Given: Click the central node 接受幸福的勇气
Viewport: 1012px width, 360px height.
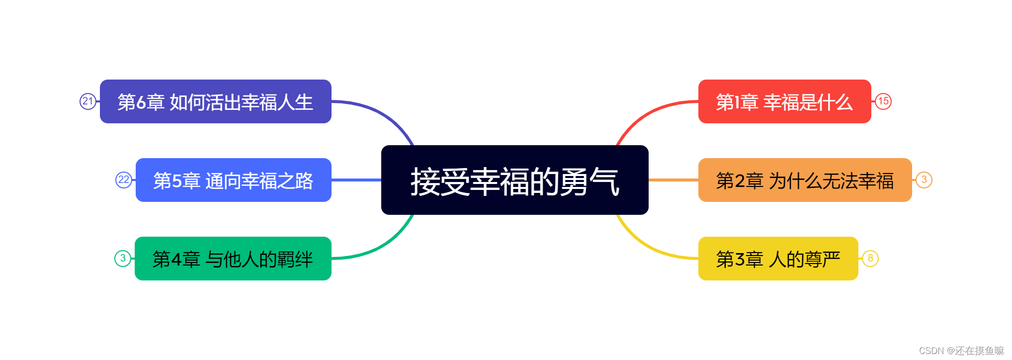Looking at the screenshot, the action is coord(514,180).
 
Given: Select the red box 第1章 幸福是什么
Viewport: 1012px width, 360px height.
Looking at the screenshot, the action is coord(784,101).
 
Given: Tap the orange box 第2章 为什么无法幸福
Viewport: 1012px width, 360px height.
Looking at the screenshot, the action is coord(805,180).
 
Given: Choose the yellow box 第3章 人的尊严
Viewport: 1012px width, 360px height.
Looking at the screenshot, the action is coord(778,259).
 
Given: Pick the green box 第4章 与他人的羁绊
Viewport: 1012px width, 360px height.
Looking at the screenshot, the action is coord(233,259).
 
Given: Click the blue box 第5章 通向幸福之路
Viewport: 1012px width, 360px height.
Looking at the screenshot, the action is coord(233,180).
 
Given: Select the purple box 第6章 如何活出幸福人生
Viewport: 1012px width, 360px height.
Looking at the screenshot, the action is coord(215,101).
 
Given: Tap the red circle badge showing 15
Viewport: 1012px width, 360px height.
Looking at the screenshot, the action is coord(883,101).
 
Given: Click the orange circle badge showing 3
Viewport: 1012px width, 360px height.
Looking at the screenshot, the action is coord(924,180).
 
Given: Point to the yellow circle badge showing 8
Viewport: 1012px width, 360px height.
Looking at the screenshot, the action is coord(870,259).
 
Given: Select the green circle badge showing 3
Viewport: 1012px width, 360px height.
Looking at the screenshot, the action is coord(123,259).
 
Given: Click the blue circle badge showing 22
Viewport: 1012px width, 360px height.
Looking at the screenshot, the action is coord(124,180).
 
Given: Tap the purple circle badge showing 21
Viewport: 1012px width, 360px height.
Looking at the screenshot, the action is coord(88,101).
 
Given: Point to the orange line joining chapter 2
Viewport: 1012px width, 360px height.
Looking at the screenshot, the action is coord(674,180).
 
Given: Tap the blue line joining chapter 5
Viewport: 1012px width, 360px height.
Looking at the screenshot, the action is coord(356,180).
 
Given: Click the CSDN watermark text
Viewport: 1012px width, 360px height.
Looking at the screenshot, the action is coord(961,351).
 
